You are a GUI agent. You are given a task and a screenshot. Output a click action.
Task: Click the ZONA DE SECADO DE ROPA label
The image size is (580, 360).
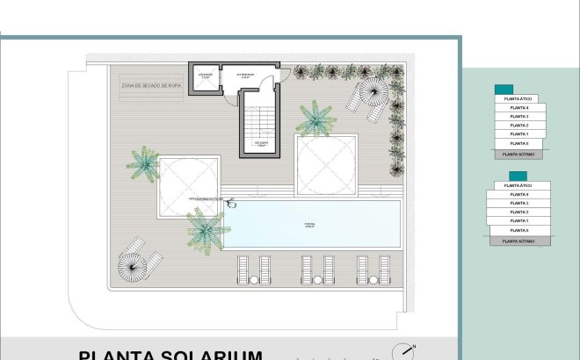pyautogui.click(x=152, y=86)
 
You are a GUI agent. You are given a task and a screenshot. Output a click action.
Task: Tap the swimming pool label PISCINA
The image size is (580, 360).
pyautogui.click(x=310, y=225)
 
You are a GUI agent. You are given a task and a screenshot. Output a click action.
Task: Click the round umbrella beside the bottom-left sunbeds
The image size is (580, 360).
pyautogui.click(x=132, y=263)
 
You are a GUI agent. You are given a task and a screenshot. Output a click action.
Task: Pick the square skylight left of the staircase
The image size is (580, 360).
pyautogui.click(x=189, y=185)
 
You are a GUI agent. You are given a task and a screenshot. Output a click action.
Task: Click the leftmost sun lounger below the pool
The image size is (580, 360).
pyautogui.click(x=242, y=269)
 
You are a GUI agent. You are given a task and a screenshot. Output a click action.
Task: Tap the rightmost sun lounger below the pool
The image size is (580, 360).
pyautogui.click(x=384, y=269)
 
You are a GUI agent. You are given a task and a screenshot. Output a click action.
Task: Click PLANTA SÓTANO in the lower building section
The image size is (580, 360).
pyautogui.click(x=519, y=240)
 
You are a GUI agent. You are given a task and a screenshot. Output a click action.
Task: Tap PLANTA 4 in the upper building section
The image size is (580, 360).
pyautogui.click(x=519, y=108)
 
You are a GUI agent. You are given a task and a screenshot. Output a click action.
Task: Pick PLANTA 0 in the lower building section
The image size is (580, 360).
pyautogui.click(x=519, y=230)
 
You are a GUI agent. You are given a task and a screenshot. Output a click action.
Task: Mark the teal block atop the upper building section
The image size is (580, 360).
pyautogui.click(x=504, y=90)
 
